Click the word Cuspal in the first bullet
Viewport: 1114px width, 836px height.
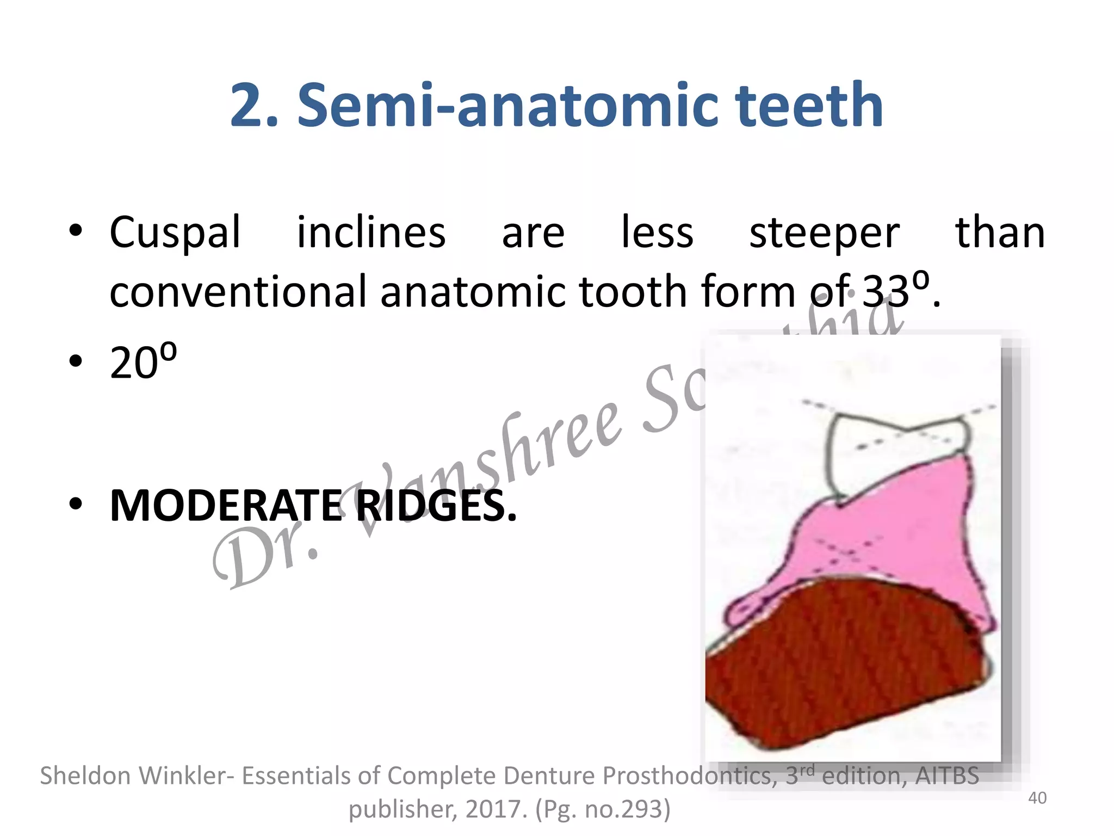tap(175, 233)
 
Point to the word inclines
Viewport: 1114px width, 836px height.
tap(371, 233)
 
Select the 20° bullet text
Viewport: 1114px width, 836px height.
tap(143, 362)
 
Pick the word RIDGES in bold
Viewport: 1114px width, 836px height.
tap(435, 506)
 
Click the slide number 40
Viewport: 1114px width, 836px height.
tap(1037, 798)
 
